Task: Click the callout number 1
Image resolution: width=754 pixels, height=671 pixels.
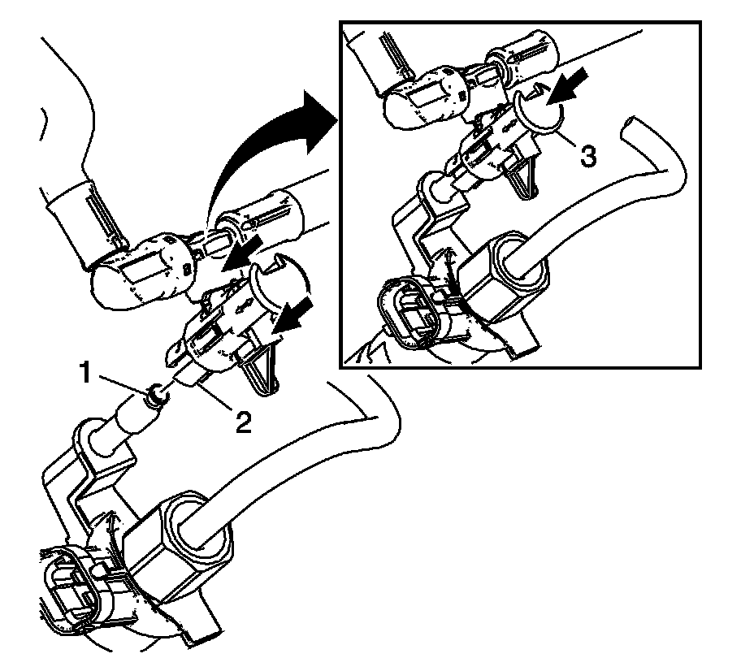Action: click(84, 373)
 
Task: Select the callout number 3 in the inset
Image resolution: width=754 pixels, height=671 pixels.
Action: click(588, 156)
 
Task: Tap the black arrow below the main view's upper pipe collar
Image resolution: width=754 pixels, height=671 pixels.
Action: click(243, 255)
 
